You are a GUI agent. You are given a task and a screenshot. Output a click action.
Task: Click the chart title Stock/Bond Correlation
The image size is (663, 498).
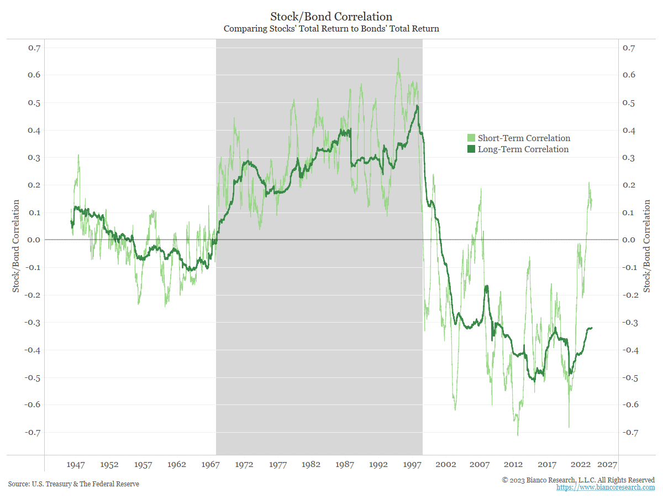[x=331, y=17]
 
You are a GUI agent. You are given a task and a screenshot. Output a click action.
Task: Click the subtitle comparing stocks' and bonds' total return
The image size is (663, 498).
[x=331, y=29]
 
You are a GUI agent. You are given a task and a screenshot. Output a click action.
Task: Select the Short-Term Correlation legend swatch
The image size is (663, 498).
[x=471, y=138]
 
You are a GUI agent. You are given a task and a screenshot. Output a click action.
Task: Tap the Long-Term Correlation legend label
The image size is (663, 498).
[x=523, y=149]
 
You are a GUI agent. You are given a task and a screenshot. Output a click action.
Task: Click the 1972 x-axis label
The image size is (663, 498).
[x=244, y=465]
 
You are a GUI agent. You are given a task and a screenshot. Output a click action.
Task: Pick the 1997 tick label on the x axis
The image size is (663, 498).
[x=413, y=465]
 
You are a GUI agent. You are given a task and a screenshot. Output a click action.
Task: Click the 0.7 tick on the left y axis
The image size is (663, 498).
[x=34, y=48]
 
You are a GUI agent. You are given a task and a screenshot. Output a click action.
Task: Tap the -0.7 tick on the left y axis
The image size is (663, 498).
[x=33, y=432]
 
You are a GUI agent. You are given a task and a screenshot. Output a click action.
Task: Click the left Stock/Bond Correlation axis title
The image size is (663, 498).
[x=16, y=246]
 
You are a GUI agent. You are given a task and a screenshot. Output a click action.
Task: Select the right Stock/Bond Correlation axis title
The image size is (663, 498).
[x=646, y=246]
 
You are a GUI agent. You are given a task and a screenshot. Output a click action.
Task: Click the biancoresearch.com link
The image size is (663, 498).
[x=605, y=487]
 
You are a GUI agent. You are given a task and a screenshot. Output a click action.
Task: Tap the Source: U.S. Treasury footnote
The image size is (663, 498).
[x=73, y=484]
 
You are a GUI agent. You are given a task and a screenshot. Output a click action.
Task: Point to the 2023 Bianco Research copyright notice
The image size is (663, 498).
[x=578, y=480]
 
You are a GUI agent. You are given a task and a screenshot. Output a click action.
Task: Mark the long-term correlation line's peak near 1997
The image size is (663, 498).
[x=418, y=106]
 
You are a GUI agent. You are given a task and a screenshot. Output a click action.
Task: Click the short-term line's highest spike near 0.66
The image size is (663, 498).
[x=398, y=59]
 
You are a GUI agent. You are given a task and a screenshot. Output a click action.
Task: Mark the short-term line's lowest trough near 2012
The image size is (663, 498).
[x=518, y=435]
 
